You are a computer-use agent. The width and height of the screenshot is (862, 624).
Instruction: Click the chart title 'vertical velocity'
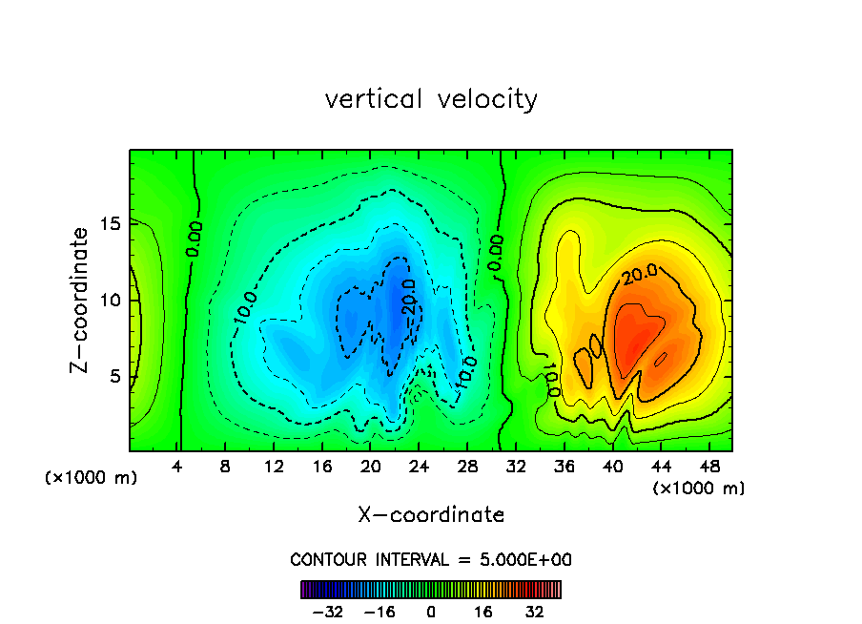(431, 99)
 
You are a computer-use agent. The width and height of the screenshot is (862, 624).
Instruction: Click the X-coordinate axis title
(431, 515)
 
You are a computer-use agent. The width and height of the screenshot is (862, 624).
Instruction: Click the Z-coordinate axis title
(81, 300)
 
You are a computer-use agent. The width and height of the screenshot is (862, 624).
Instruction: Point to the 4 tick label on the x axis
(177, 467)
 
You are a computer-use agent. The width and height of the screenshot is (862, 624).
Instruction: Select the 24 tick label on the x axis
(419, 467)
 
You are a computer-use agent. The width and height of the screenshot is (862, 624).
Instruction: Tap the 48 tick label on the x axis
(708, 467)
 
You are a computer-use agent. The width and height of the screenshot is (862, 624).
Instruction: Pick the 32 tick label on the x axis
(516, 467)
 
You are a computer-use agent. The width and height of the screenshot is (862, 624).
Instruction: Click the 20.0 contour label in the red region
(641, 274)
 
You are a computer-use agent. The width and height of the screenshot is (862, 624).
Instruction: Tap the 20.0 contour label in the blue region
(408, 302)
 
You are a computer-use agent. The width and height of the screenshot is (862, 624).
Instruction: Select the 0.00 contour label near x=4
(194, 239)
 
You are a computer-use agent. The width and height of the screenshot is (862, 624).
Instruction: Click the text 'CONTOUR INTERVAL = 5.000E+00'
(431, 559)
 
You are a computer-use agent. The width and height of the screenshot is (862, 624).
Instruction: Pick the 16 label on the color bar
(483, 612)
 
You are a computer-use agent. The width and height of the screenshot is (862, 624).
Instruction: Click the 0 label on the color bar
(431, 612)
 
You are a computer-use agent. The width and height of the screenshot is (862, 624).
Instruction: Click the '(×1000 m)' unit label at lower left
(92, 478)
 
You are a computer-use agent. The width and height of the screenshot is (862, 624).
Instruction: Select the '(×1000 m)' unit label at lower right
(699, 489)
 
